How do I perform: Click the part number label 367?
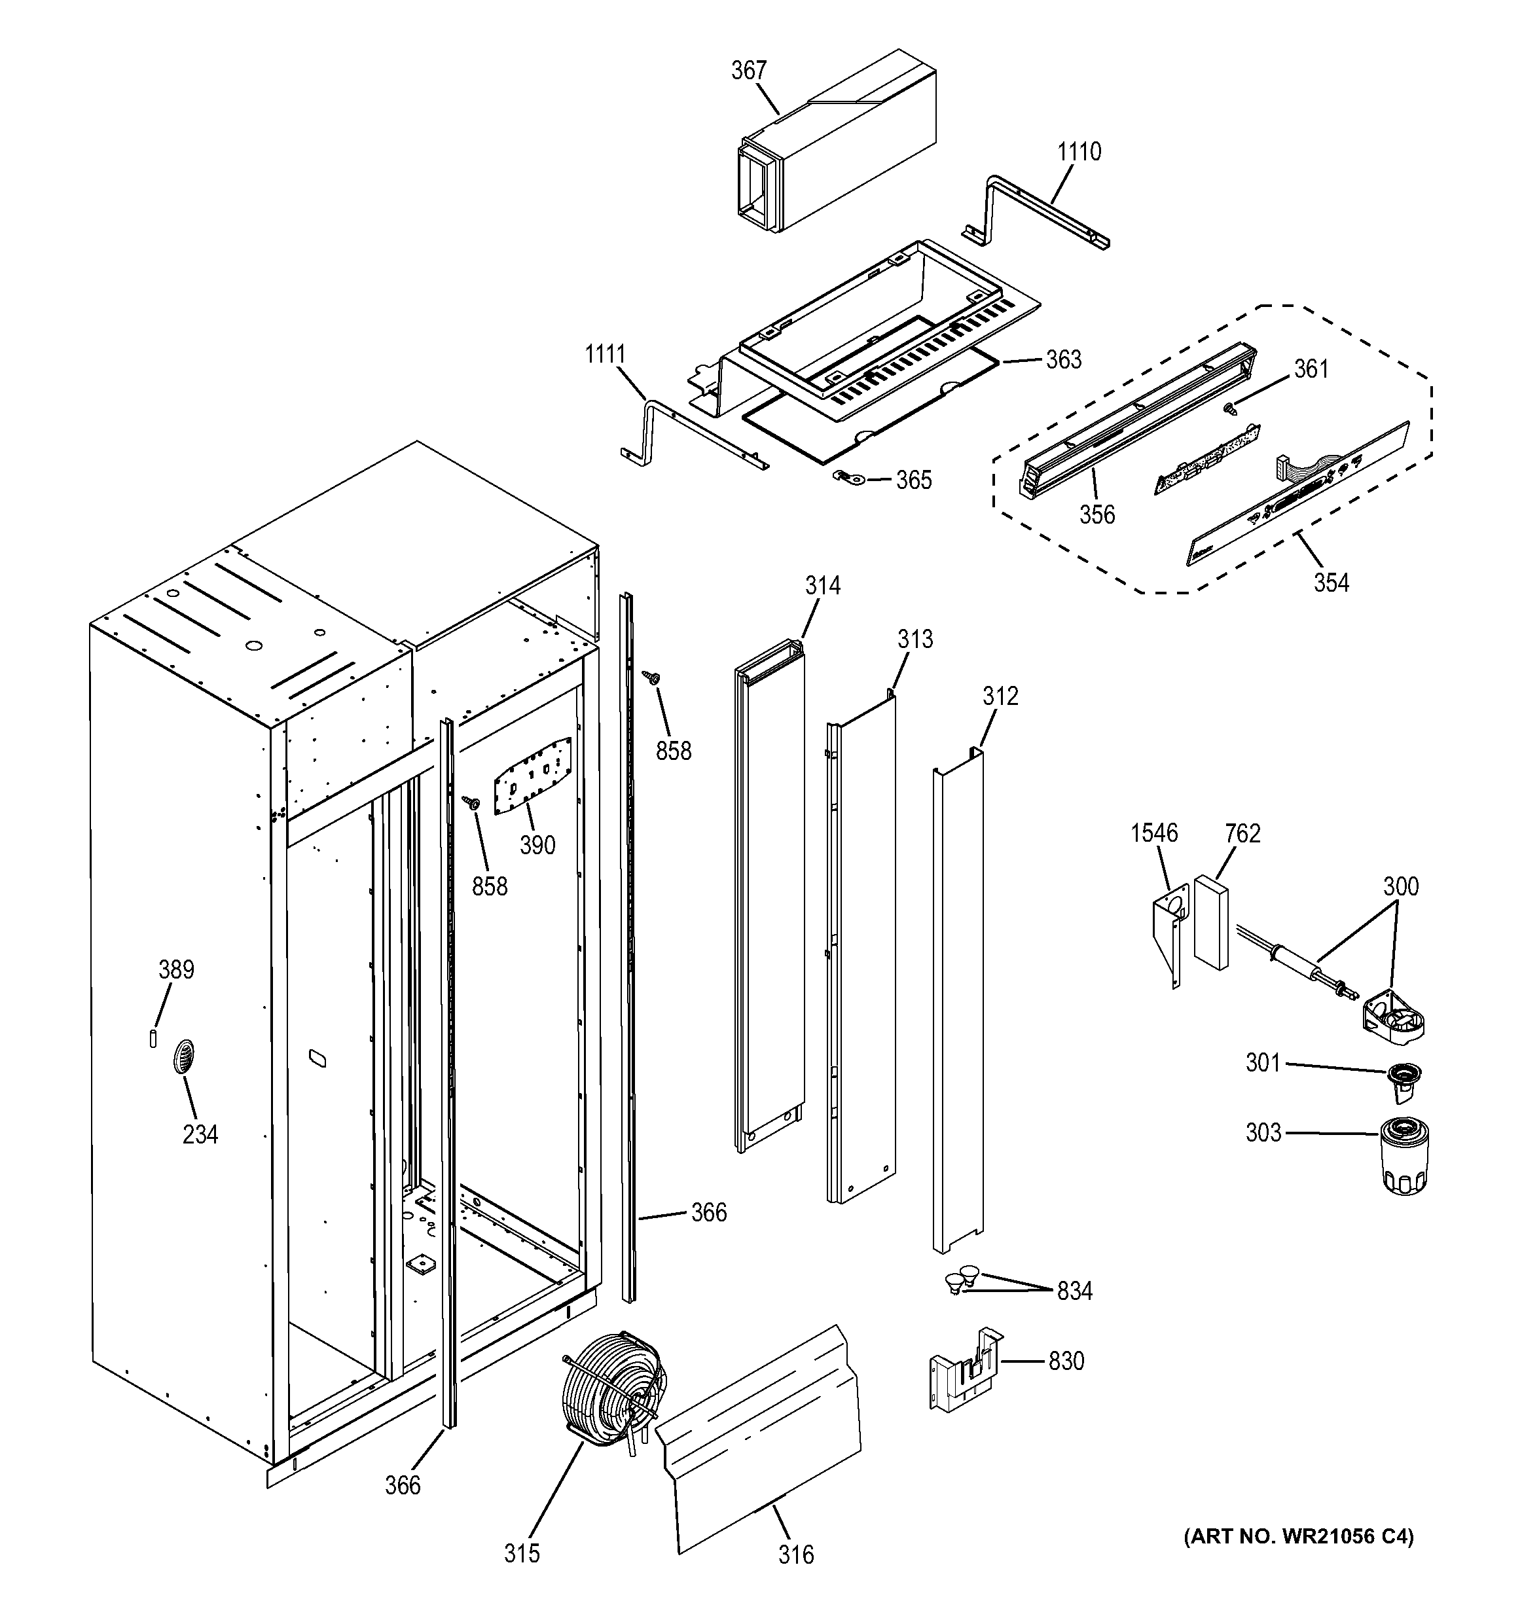(x=748, y=71)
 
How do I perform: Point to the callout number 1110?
(x=1079, y=152)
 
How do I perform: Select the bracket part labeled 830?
(x=966, y=1371)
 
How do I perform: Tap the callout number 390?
(x=537, y=845)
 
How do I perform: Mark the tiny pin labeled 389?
(x=153, y=1038)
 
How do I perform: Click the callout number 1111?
(x=605, y=355)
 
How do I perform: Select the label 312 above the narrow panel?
(x=1000, y=696)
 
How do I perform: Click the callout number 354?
(x=1331, y=583)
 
